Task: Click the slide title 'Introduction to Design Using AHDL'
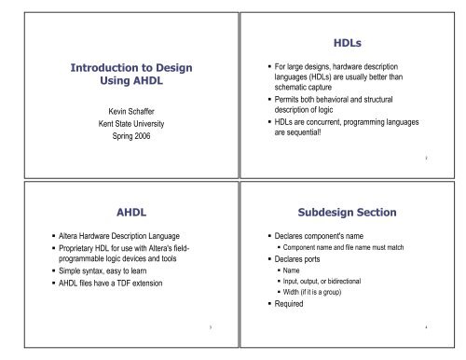[116, 77]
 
